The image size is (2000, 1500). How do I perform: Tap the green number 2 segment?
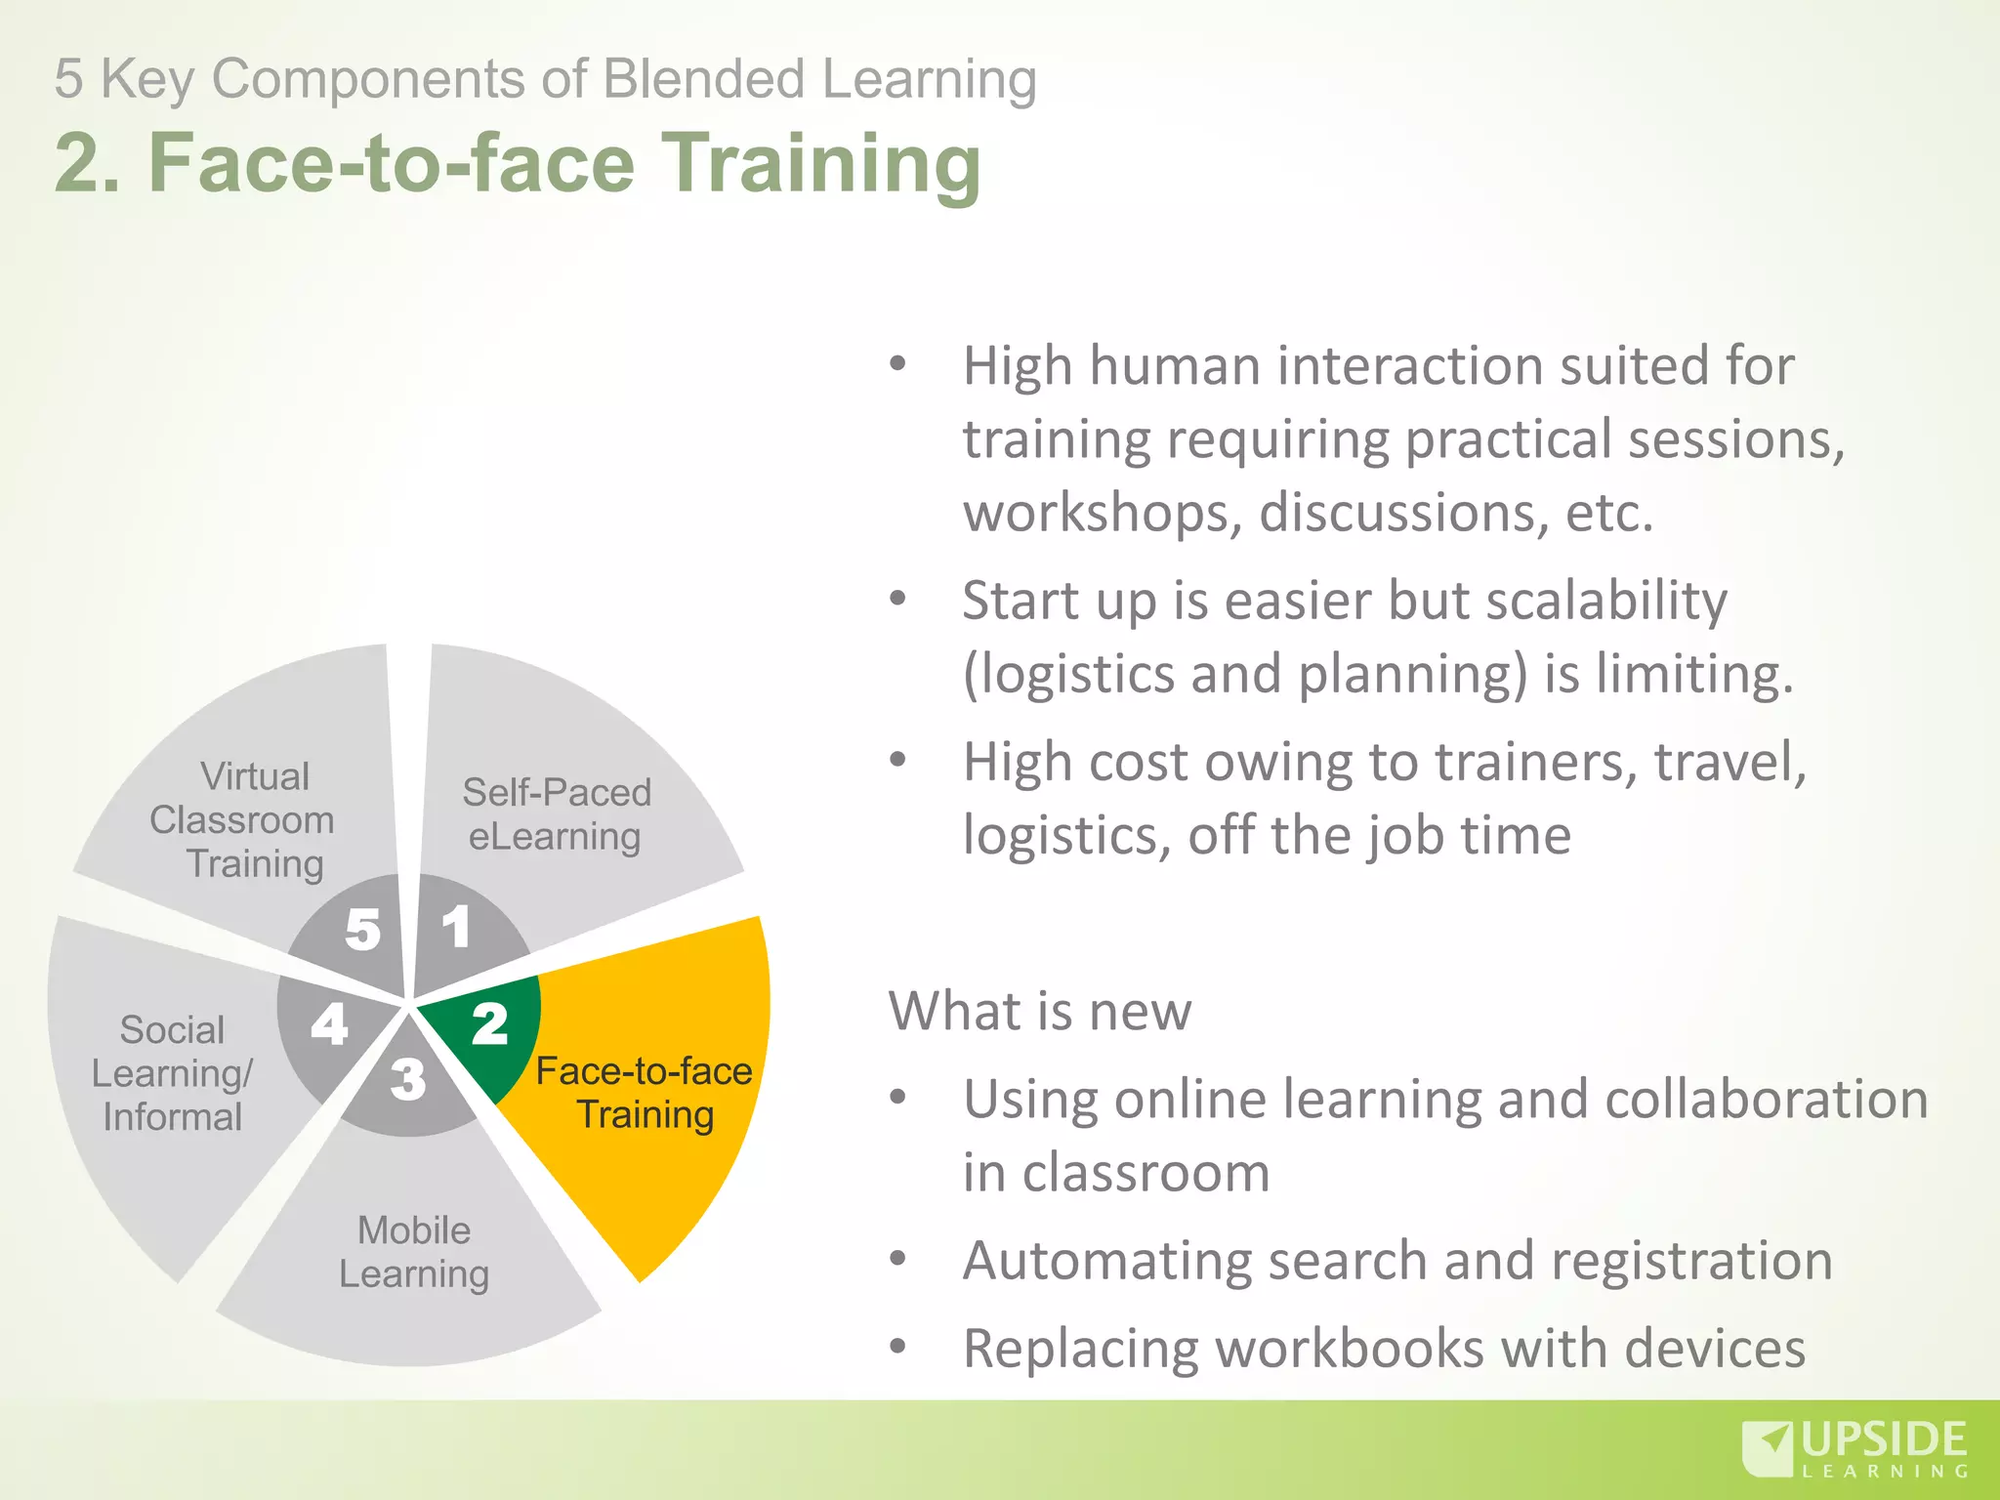click(490, 1024)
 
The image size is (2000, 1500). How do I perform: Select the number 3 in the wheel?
click(408, 1080)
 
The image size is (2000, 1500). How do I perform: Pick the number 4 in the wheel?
click(330, 1024)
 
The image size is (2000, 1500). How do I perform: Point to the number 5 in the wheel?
click(362, 929)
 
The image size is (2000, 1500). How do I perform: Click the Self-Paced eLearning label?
click(556, 814)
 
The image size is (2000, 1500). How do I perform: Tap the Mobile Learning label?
click(414, 1252)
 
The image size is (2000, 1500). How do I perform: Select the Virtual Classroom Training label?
click(244, 820)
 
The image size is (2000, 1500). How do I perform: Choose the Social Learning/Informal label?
click(173, 1073)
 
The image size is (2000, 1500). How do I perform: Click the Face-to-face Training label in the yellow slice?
click(645, 1093)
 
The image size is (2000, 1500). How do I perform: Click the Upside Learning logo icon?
click(1767, 1449)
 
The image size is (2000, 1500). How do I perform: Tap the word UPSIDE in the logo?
click(1884, 1440)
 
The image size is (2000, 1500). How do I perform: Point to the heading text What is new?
click(1040, 1010)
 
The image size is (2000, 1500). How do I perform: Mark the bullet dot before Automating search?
click(898, 1258)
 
